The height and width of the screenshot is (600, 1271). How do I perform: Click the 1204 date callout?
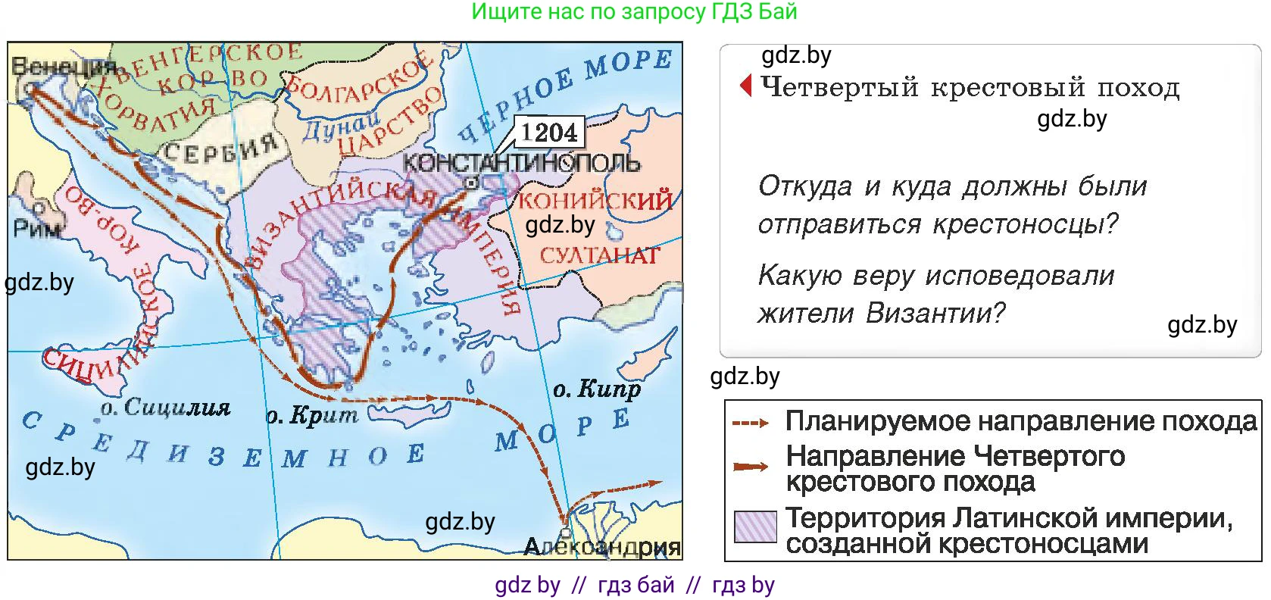pyautogui.click(x=549, y=133)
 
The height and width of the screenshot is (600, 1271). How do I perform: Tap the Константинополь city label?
pyautogui.click(x=521, y=163)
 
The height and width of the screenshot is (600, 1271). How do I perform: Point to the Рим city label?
pyautogui.click(x=37, y=228)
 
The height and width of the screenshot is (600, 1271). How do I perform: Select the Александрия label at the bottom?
pyautogui.click(x=602, y=547)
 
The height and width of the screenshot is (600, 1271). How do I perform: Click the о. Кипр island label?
pyautogui.click(x=596, y=389)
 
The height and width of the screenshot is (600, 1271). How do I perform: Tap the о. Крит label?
pyautogui.click(x=311, y=415)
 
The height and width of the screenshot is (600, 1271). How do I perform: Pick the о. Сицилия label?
pyautogui.click(x=165, y=408)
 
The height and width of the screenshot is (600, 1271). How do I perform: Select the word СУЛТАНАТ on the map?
pyautogui.click(x=599, y=255)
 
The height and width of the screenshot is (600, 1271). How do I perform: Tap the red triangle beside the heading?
pyautogui.click(x=746, y=86)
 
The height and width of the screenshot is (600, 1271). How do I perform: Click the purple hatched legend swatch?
pyautogui.click(x=755, y=527)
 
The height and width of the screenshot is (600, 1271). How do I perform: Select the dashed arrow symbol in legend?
pyautogui.click(x=751, y=423)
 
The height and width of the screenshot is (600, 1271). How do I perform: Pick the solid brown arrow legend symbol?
pyautogui.click(x=751, y=467)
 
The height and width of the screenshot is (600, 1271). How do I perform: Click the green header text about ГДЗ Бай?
pyautogui.click(x=634, y=11)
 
